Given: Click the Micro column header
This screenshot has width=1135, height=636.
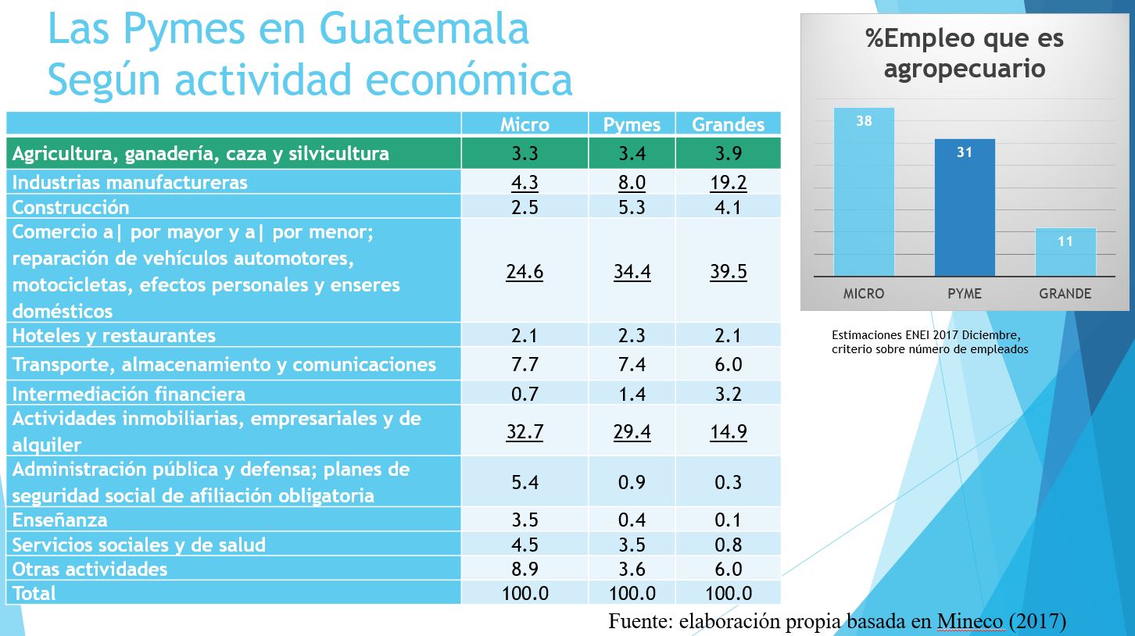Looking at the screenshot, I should (x=525, y=125).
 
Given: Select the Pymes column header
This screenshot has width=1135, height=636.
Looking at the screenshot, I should (x=632, y=125).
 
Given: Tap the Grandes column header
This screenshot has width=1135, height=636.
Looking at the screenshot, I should (x=728, y=125).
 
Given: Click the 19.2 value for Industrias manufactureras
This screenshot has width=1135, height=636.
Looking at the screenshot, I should (x=728, y=183).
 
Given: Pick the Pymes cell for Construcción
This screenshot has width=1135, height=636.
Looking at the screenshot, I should (x=632, y=207).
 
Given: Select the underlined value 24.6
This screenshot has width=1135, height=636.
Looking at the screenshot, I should (x=525, y=272).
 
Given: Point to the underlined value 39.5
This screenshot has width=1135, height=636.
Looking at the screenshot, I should (x=728, y=272).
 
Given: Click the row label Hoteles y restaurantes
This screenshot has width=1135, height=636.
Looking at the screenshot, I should (x=114, y=336).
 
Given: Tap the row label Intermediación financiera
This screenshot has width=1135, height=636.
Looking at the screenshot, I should (x=129, y=394).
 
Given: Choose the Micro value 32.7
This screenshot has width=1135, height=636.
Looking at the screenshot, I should (x=525, y=432).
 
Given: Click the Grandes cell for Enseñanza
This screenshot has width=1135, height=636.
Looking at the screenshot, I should (x=728, y=520).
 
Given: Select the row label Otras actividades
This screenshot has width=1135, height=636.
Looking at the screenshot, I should (x=90, y=569).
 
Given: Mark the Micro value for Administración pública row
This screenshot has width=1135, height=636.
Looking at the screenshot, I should (x=525, y=483).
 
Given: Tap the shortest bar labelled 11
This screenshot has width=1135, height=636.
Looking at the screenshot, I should (x=1065, y=252).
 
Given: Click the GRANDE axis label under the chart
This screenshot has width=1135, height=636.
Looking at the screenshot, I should (x=1065, y=295).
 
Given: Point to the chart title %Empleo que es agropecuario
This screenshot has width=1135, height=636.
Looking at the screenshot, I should (x=965, y=53).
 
